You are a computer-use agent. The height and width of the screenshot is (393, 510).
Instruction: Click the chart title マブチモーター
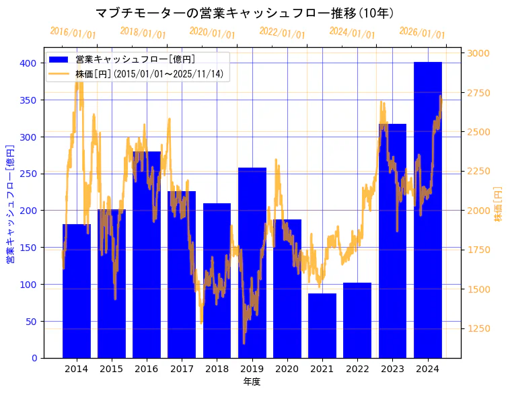pos(245,13)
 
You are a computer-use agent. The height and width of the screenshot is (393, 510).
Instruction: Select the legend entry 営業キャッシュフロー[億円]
pos(135,60)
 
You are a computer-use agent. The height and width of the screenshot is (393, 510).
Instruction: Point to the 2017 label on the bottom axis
pos(182,369)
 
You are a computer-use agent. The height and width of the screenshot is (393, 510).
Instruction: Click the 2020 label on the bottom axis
pos(287,369)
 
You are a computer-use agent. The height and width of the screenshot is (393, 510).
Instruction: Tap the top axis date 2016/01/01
pos(73,33)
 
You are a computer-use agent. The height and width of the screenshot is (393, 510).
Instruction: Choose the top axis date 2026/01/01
pos(422,33)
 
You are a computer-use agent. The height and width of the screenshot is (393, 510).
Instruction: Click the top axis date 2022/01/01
pos(282,33)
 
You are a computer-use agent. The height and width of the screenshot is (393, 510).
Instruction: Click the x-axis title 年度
pos(252,382)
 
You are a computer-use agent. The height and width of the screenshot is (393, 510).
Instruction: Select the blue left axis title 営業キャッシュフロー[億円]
pos(11,203)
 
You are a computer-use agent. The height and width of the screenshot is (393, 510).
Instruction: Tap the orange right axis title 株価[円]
pos(499,203)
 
